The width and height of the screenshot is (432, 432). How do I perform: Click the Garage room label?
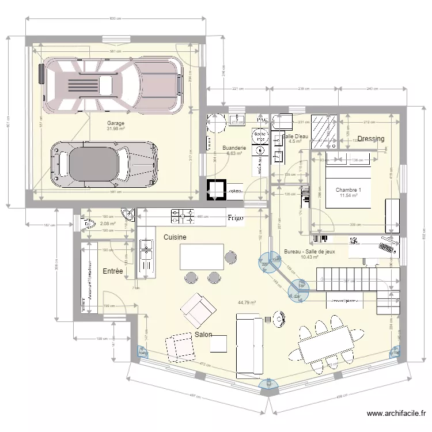[x=115, y=123]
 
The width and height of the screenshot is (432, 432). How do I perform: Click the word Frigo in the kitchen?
[x=234, y=218]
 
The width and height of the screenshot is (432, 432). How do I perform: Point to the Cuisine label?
[x=174, y=237]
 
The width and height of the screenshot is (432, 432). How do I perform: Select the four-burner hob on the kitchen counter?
[x=183, y=217]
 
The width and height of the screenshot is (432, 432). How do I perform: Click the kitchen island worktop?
[x=202, y=256]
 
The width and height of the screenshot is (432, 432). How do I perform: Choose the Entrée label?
[x=112, y=271]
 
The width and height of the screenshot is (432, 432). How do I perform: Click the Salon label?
[x=203, y=335]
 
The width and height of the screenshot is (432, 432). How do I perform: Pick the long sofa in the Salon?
[x=249, y=344]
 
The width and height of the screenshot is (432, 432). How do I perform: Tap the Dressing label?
[x=370, y=139]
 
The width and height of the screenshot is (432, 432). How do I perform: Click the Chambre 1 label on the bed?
[x=348, y=191]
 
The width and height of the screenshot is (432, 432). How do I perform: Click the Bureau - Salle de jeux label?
[x=309, y=252]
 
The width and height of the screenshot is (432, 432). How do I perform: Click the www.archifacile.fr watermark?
[x=397, y=414]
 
